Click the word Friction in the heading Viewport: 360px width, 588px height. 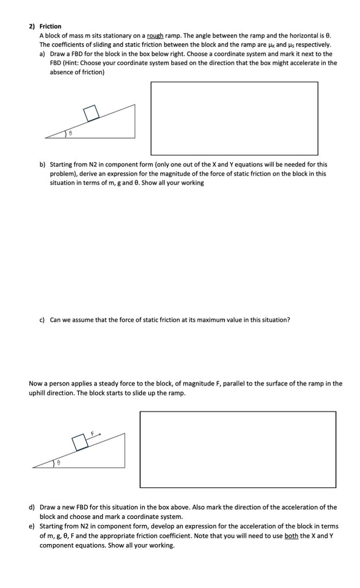pos(50,26)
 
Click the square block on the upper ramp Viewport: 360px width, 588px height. pos(91,113)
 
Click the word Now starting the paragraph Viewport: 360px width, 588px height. pos(35,383)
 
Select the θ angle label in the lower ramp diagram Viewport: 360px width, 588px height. pos(60,464)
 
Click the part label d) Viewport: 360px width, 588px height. pos(32,507)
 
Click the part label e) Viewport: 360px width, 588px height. pos(32,526)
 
